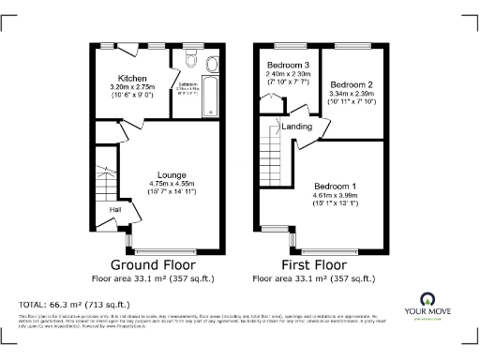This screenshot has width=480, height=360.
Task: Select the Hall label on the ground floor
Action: click(114, 210)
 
